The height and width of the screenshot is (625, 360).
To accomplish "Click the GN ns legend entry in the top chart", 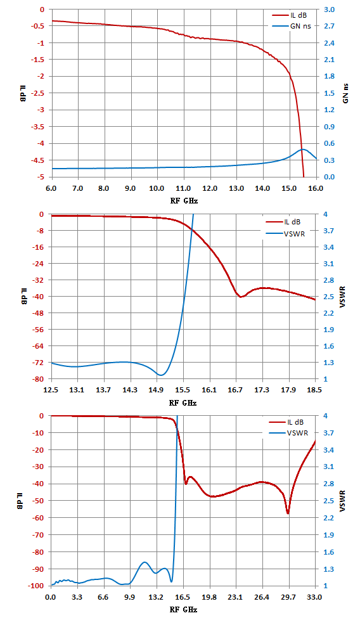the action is [x=292, y=26].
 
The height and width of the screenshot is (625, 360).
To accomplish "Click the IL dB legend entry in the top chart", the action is [x=290, y=16].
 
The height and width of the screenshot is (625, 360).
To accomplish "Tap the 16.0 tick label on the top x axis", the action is [x=316, y=188].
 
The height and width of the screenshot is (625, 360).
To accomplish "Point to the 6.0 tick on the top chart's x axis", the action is [x=51, y=188].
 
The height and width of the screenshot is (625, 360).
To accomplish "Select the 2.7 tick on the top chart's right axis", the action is [x=329, y=26].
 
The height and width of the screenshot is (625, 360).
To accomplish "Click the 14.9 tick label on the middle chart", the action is [x=157, y=390].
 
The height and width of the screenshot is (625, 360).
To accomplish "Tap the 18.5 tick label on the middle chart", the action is [x=314, y=390].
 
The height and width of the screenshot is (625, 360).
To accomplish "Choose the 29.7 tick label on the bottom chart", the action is [x=288, y=597].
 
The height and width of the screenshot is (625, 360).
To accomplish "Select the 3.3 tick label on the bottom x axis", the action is [x=77, y=597].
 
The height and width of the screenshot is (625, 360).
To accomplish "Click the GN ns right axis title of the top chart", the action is [x=345, y=93].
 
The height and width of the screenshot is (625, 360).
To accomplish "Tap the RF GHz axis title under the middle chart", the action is [x=183, y=403].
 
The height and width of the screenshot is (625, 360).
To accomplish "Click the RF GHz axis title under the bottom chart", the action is [x=183, y=610].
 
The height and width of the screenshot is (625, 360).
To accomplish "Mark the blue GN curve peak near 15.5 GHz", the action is [x=303, y=150].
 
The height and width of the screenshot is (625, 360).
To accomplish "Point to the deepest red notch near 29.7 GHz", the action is [x=288, y=513].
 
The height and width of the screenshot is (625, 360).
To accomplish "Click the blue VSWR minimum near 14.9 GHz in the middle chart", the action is [x=160, y=375].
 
